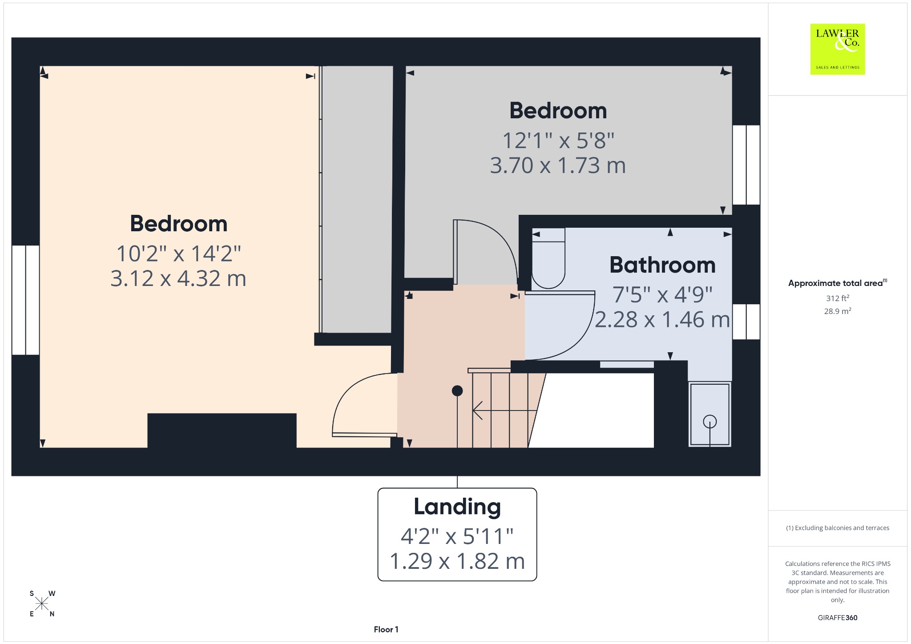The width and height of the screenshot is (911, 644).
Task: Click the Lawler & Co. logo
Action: point(838,49)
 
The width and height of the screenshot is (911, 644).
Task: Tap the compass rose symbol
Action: point(42,604)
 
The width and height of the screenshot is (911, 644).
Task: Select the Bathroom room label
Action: point(662,265)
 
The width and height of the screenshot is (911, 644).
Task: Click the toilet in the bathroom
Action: point(548,258)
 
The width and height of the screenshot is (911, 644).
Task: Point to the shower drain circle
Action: point(710,421)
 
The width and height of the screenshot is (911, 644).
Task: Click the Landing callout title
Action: point(457,507)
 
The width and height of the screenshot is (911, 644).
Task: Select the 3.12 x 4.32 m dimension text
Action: point(178,279)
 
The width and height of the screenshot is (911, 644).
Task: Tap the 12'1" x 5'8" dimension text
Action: point(558,141)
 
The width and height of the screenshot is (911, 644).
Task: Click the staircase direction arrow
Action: point(505,410)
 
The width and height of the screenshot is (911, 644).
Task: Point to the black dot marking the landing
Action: point(457,391)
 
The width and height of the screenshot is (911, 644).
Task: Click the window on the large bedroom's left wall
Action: point(26,300)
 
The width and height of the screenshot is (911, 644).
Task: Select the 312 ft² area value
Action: point(838,298)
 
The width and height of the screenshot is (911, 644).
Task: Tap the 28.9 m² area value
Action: point(838,311)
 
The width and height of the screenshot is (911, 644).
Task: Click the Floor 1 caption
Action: point(386,629)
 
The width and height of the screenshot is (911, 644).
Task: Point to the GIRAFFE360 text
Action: point(838,618)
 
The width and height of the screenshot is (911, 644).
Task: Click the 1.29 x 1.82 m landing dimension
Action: point(457,561)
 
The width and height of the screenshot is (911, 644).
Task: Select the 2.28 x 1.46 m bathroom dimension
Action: point(662,320)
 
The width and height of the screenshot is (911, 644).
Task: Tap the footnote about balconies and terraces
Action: point(838,528)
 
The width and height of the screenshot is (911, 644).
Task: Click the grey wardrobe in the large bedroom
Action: point(357,199)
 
